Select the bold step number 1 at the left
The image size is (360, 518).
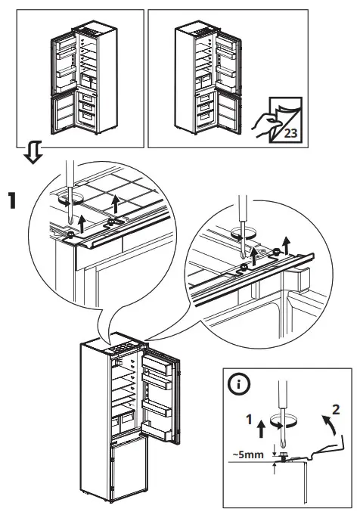pyautogui.click(x=12, y=200)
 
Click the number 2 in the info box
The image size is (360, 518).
pyautogui.click(x=336, y=411)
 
